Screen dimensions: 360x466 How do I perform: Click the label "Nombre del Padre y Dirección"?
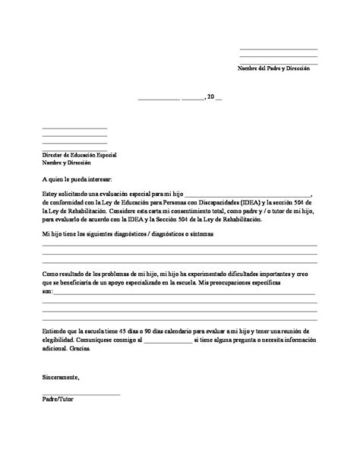[x=273, y=69]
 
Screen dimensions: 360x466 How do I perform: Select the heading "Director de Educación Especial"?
[x=79, y=154]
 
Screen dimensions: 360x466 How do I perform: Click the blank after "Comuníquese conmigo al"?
[x=167, y=341]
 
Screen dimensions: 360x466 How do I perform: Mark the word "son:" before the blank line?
[x=48, y=291]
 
